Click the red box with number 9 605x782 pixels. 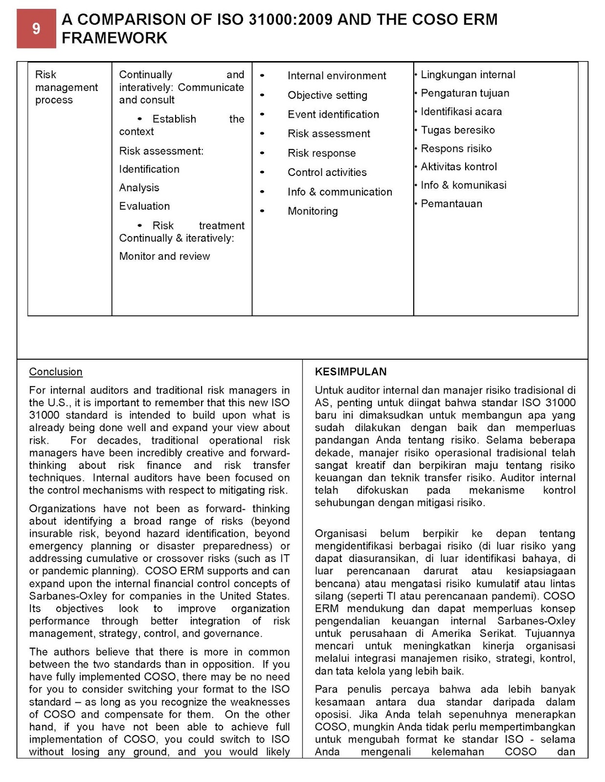point(36,29)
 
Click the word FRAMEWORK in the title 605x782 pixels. point(114,38)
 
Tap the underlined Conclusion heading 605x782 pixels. point(55,372)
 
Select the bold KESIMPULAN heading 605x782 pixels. point(351,372)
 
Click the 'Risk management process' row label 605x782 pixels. point(66,87)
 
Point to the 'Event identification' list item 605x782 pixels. point(333,114)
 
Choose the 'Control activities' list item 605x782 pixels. point(327,173)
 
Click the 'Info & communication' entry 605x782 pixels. point(339,192)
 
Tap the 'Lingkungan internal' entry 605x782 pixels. point(468,75)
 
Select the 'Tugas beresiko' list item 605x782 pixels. point(457,130)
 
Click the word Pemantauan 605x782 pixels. point(451,204)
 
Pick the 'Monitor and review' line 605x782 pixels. point(164,257)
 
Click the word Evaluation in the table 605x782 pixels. point(144,206)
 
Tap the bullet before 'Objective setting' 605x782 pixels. point(263,95)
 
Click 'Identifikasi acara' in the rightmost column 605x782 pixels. point(461,112)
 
